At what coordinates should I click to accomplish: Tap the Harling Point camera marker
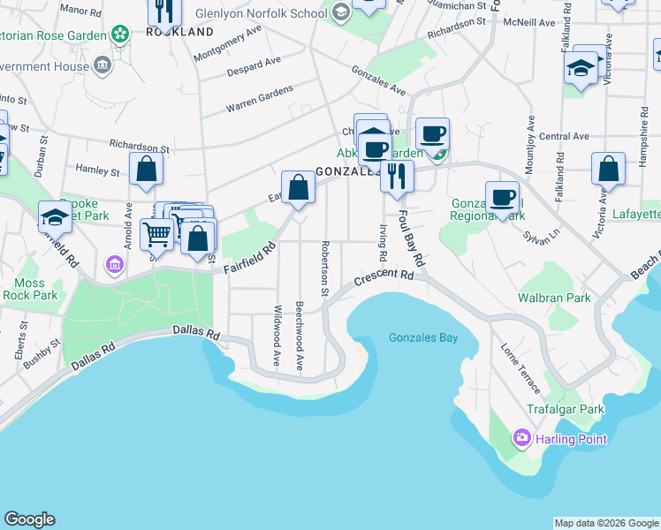coord(521,437)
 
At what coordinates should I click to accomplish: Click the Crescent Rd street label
coord(384,277)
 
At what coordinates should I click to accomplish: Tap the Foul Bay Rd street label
coord(411,238)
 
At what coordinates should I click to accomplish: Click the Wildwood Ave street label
coord(277,337)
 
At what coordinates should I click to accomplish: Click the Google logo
coord(29,519)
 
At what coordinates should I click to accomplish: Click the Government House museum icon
coord(103,65)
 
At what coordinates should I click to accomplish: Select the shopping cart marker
coord(156,234)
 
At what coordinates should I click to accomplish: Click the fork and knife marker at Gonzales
coord(397,175)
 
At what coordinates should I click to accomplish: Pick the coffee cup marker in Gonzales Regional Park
coord(502,197)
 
